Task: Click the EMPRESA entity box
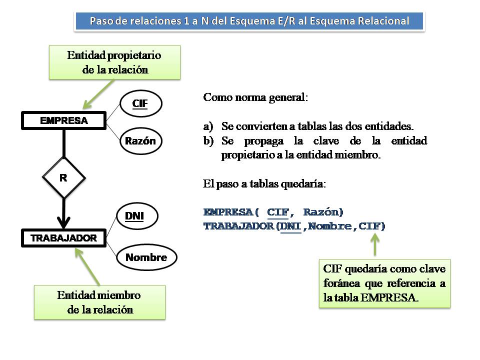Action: click(63, 120)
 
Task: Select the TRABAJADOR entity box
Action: click(63, 238)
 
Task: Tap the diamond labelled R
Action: click(63, 177)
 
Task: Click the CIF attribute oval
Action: click(140, 103)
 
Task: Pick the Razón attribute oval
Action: click(140, 141)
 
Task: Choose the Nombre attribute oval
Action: click(146, 258)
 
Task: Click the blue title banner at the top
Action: click(249, 21)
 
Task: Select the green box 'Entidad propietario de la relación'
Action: click(114, 62)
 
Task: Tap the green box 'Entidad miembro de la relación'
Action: click(99, 302)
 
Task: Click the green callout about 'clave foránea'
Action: click(384, 283)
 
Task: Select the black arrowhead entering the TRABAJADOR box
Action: click(63, 221)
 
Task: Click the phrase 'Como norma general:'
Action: click(255, 97)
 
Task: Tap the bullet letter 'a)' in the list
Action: click(208, 126)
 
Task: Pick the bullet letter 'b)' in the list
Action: click(208, 141)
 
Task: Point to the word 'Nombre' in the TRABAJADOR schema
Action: click(330, 226)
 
